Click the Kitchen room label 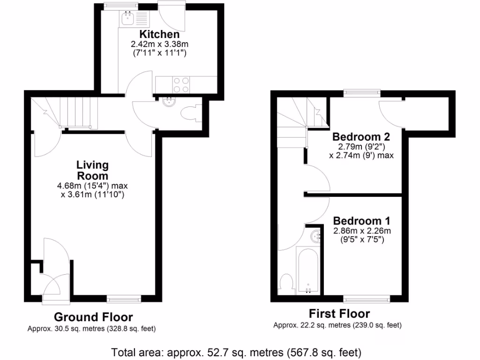pos(159,35)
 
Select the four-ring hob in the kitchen pos(181,84)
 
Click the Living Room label pos(92,171)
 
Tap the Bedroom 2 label pos(361,137)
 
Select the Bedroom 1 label pos(361,221)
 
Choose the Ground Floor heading pos(93,317)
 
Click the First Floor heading pos(339,314)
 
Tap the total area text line pos(236,352)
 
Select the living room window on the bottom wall pos(124,298)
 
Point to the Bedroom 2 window pos(361,93)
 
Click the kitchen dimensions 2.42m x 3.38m pos(159,45)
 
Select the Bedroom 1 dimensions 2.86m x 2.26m pos(361,231)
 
